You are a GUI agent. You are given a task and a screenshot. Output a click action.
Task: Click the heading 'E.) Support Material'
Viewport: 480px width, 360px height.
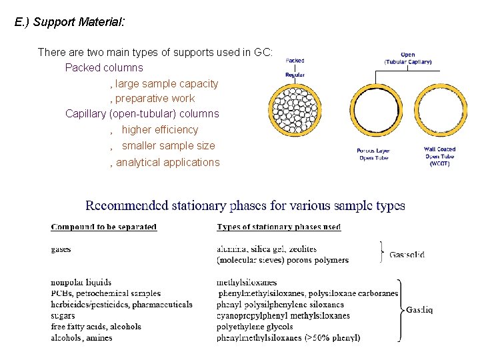click(69, 22)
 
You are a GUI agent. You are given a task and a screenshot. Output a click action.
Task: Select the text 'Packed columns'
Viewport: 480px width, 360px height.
click(104, 67)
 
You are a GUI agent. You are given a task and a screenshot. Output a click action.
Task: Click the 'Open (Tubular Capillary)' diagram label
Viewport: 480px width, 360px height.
click(408, 58)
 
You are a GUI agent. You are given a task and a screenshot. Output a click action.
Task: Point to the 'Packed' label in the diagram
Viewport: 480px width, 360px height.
click(295, 61)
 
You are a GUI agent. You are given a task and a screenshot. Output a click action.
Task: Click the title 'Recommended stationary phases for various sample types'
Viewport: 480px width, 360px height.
click(245, 206)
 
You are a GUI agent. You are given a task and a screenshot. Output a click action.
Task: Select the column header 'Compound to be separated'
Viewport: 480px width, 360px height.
click(104, 227)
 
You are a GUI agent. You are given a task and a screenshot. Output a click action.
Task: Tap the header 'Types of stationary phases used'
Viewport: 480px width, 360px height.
click(279, 227)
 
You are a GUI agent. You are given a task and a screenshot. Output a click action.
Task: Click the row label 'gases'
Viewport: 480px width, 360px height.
click(61, 249)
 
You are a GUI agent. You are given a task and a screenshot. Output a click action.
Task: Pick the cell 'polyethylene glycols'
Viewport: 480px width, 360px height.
click(255, 327)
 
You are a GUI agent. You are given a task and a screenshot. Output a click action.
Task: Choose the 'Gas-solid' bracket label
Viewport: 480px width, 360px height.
click(407, 254)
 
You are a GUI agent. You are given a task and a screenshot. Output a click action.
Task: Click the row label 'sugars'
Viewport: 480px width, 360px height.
click(63, 315)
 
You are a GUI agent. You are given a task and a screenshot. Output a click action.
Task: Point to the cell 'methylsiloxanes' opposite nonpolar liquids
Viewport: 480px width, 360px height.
click(247, 283)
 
